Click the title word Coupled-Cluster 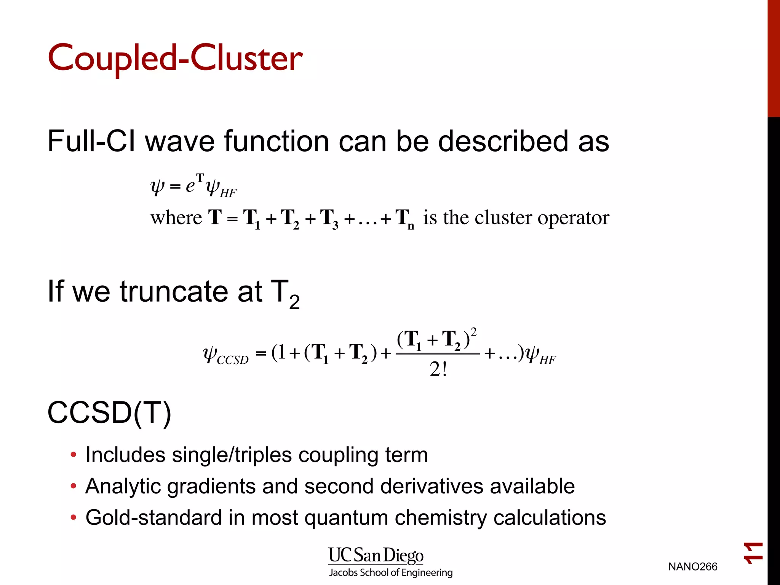pyautogui.click(x=175, y=58)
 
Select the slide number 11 pyautogui.click(x=753, y=553)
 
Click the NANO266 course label pyautogui.click(x=692, y=567)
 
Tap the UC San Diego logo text pyautogui.click(x=376, y=555)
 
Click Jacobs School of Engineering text pyautogui.click(x=391, y=572)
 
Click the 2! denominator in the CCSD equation pyautogui.click(x=438, y=369)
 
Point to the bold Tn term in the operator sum pyautogui.click(x=404, y=219)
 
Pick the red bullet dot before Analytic pyautogui.click(x=74, y=486)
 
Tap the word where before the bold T pyautogui.click(x=176, y=218)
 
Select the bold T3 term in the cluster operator pyautogui.click(x=329, y=219)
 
